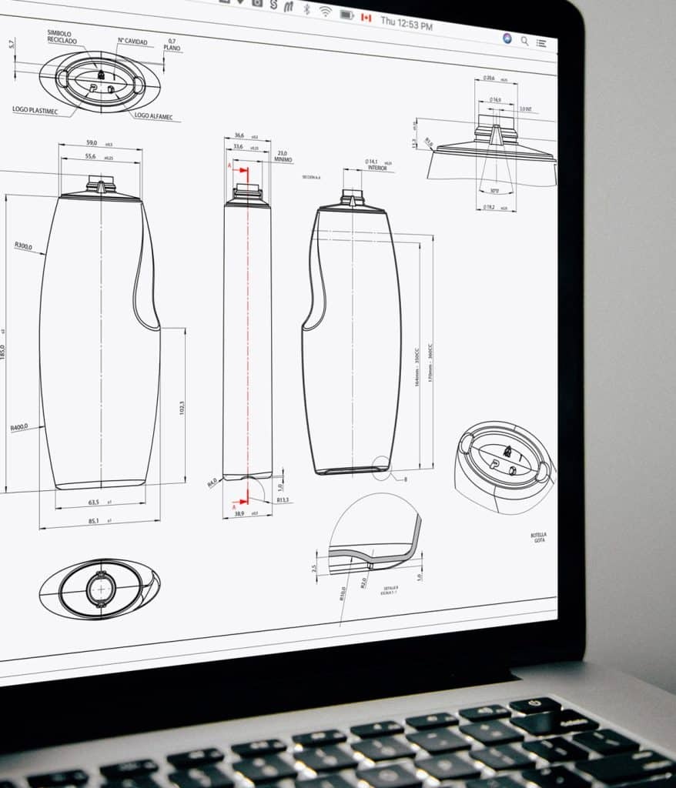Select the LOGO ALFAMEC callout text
[153, 117]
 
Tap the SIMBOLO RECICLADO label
[60, 37]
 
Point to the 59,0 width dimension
[91, 143]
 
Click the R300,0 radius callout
[23, 246]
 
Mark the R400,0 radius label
[19, 428]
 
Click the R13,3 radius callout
[283, 500]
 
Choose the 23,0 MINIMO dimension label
[283, 156]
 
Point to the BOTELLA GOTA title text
[539, 537]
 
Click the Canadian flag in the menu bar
[366, 17]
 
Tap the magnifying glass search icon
[525, 41]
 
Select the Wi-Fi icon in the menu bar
[326, 11]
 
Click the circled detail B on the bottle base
[380, 465]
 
